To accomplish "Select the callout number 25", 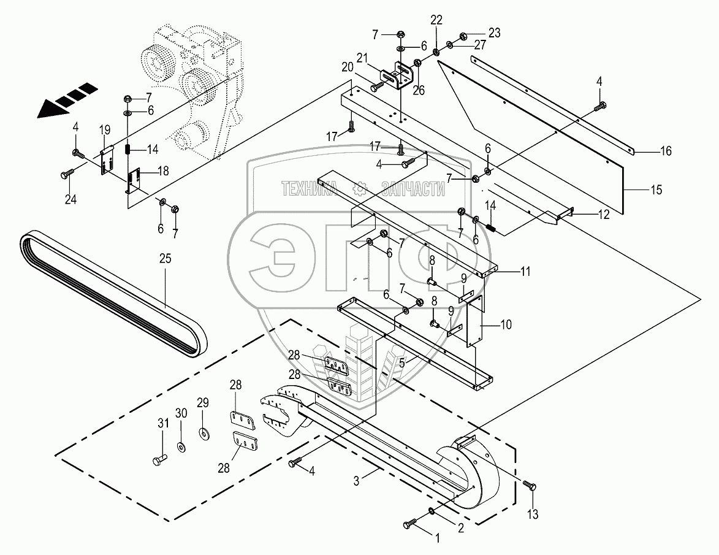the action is click(x=165, y=259).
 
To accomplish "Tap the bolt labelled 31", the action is click(x=159, y=459).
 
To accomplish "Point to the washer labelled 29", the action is click(x=203, y=432).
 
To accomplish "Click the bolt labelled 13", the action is click(x=531, y=485).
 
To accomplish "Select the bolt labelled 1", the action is click(x=411, y=522).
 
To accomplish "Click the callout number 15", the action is click(x=656, y=189).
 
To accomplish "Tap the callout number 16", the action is click(x=665, y=150).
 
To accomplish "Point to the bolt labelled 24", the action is click(x=67, y=174).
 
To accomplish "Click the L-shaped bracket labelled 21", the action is click(x=397, y=75).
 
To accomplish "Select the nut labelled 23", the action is click(x=463, y=36).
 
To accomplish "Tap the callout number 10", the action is click(x=506, y=325).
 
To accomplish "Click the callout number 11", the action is click(x=525, y=272).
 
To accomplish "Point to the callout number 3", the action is click(x=357, y=481).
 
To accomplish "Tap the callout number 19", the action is click(x=105, y=130).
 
